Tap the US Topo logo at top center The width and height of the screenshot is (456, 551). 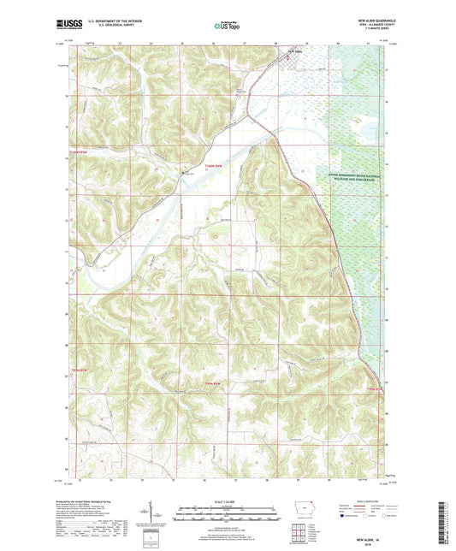227,26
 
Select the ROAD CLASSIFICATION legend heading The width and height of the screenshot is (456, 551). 368,501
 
